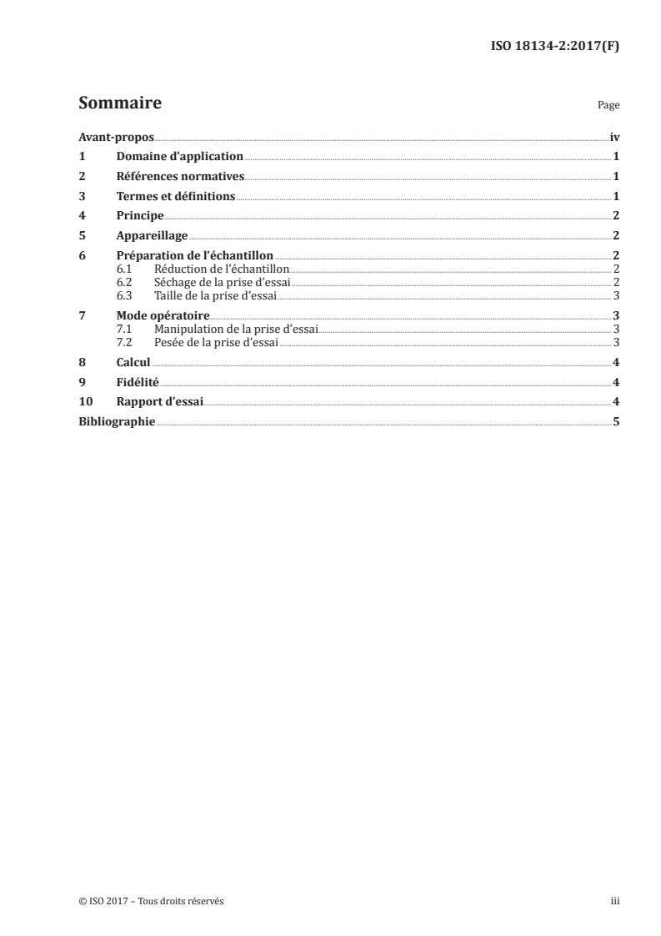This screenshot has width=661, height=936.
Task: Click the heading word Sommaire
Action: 119,104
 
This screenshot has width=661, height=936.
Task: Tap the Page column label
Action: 608,106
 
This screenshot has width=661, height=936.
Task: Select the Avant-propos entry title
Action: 116,137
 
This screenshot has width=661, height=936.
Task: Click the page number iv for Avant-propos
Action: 614,137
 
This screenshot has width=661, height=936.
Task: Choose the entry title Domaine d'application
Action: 180,157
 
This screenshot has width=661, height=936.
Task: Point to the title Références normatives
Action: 181,177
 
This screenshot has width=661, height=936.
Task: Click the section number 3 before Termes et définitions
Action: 82,197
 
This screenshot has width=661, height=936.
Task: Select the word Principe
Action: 140,216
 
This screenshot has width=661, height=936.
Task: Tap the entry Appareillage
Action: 153,236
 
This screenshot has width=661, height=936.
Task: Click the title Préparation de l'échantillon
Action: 195,256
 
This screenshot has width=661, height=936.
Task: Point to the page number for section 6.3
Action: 615,295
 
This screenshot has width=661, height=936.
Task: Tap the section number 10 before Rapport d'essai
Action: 85,402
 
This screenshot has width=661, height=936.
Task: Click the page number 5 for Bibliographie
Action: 615,422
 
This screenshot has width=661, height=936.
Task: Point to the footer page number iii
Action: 615,902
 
